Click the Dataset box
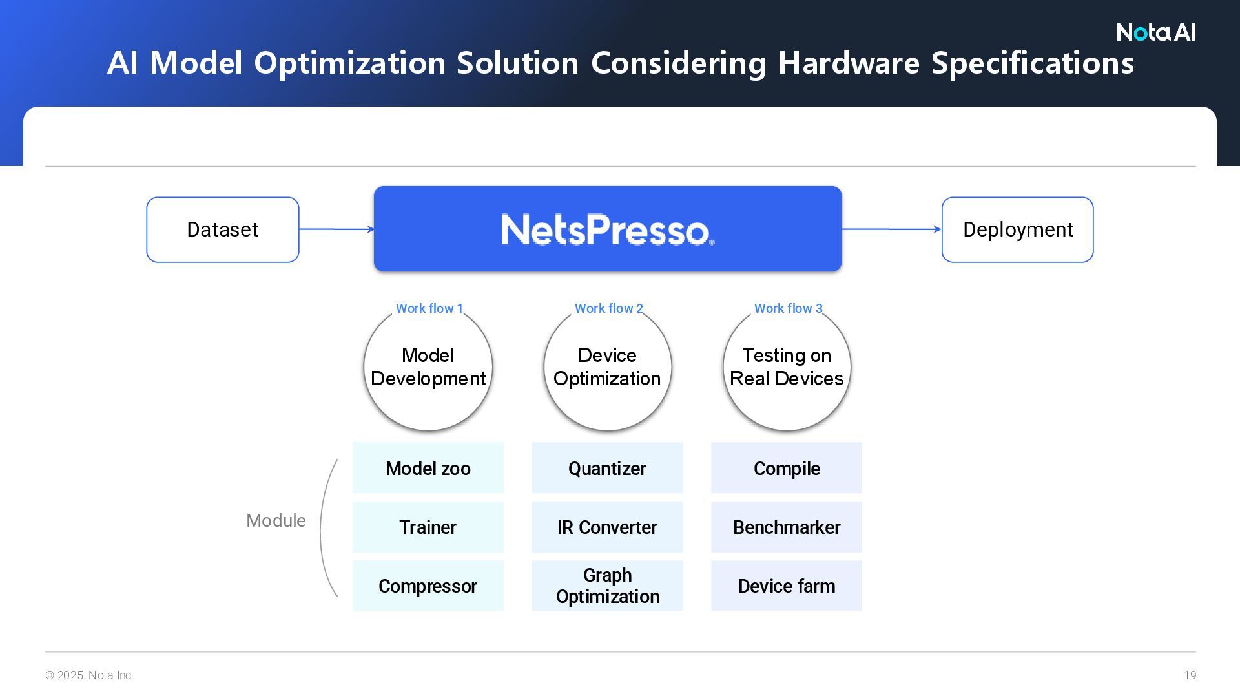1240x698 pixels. click(x=223, y=229)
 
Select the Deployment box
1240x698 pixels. click(x=1017, y=229)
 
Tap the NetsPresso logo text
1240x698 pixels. click(x=607, y=229)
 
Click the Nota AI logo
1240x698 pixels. click(x=1155, y=32)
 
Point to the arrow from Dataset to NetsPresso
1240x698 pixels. click(x=336, y=229)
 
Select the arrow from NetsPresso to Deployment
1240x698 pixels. click(x=891, y=229)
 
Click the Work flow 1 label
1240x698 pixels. click(x=429, y=308)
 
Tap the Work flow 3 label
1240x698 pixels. click(x=788, y=308)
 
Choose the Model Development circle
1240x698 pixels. click(x=428, y=367)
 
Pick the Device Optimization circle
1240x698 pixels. click(x=607, y=367)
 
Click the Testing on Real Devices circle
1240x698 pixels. click(x=787, y=367)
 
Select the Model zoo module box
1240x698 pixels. click(x=428, y=468)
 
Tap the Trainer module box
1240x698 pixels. click(x=428, y=527)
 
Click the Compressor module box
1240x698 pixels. click(x=428, y=586)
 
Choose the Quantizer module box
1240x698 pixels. click(x=607, y=468)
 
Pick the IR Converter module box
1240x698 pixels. click(x=607, y=527)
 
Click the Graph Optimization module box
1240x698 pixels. click(x=607, y=586)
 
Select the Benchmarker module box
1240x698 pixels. click(x=787, y=527)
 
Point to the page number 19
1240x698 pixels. click(x=1190, y=675)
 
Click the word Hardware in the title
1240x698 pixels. click(x=848, y=63)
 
